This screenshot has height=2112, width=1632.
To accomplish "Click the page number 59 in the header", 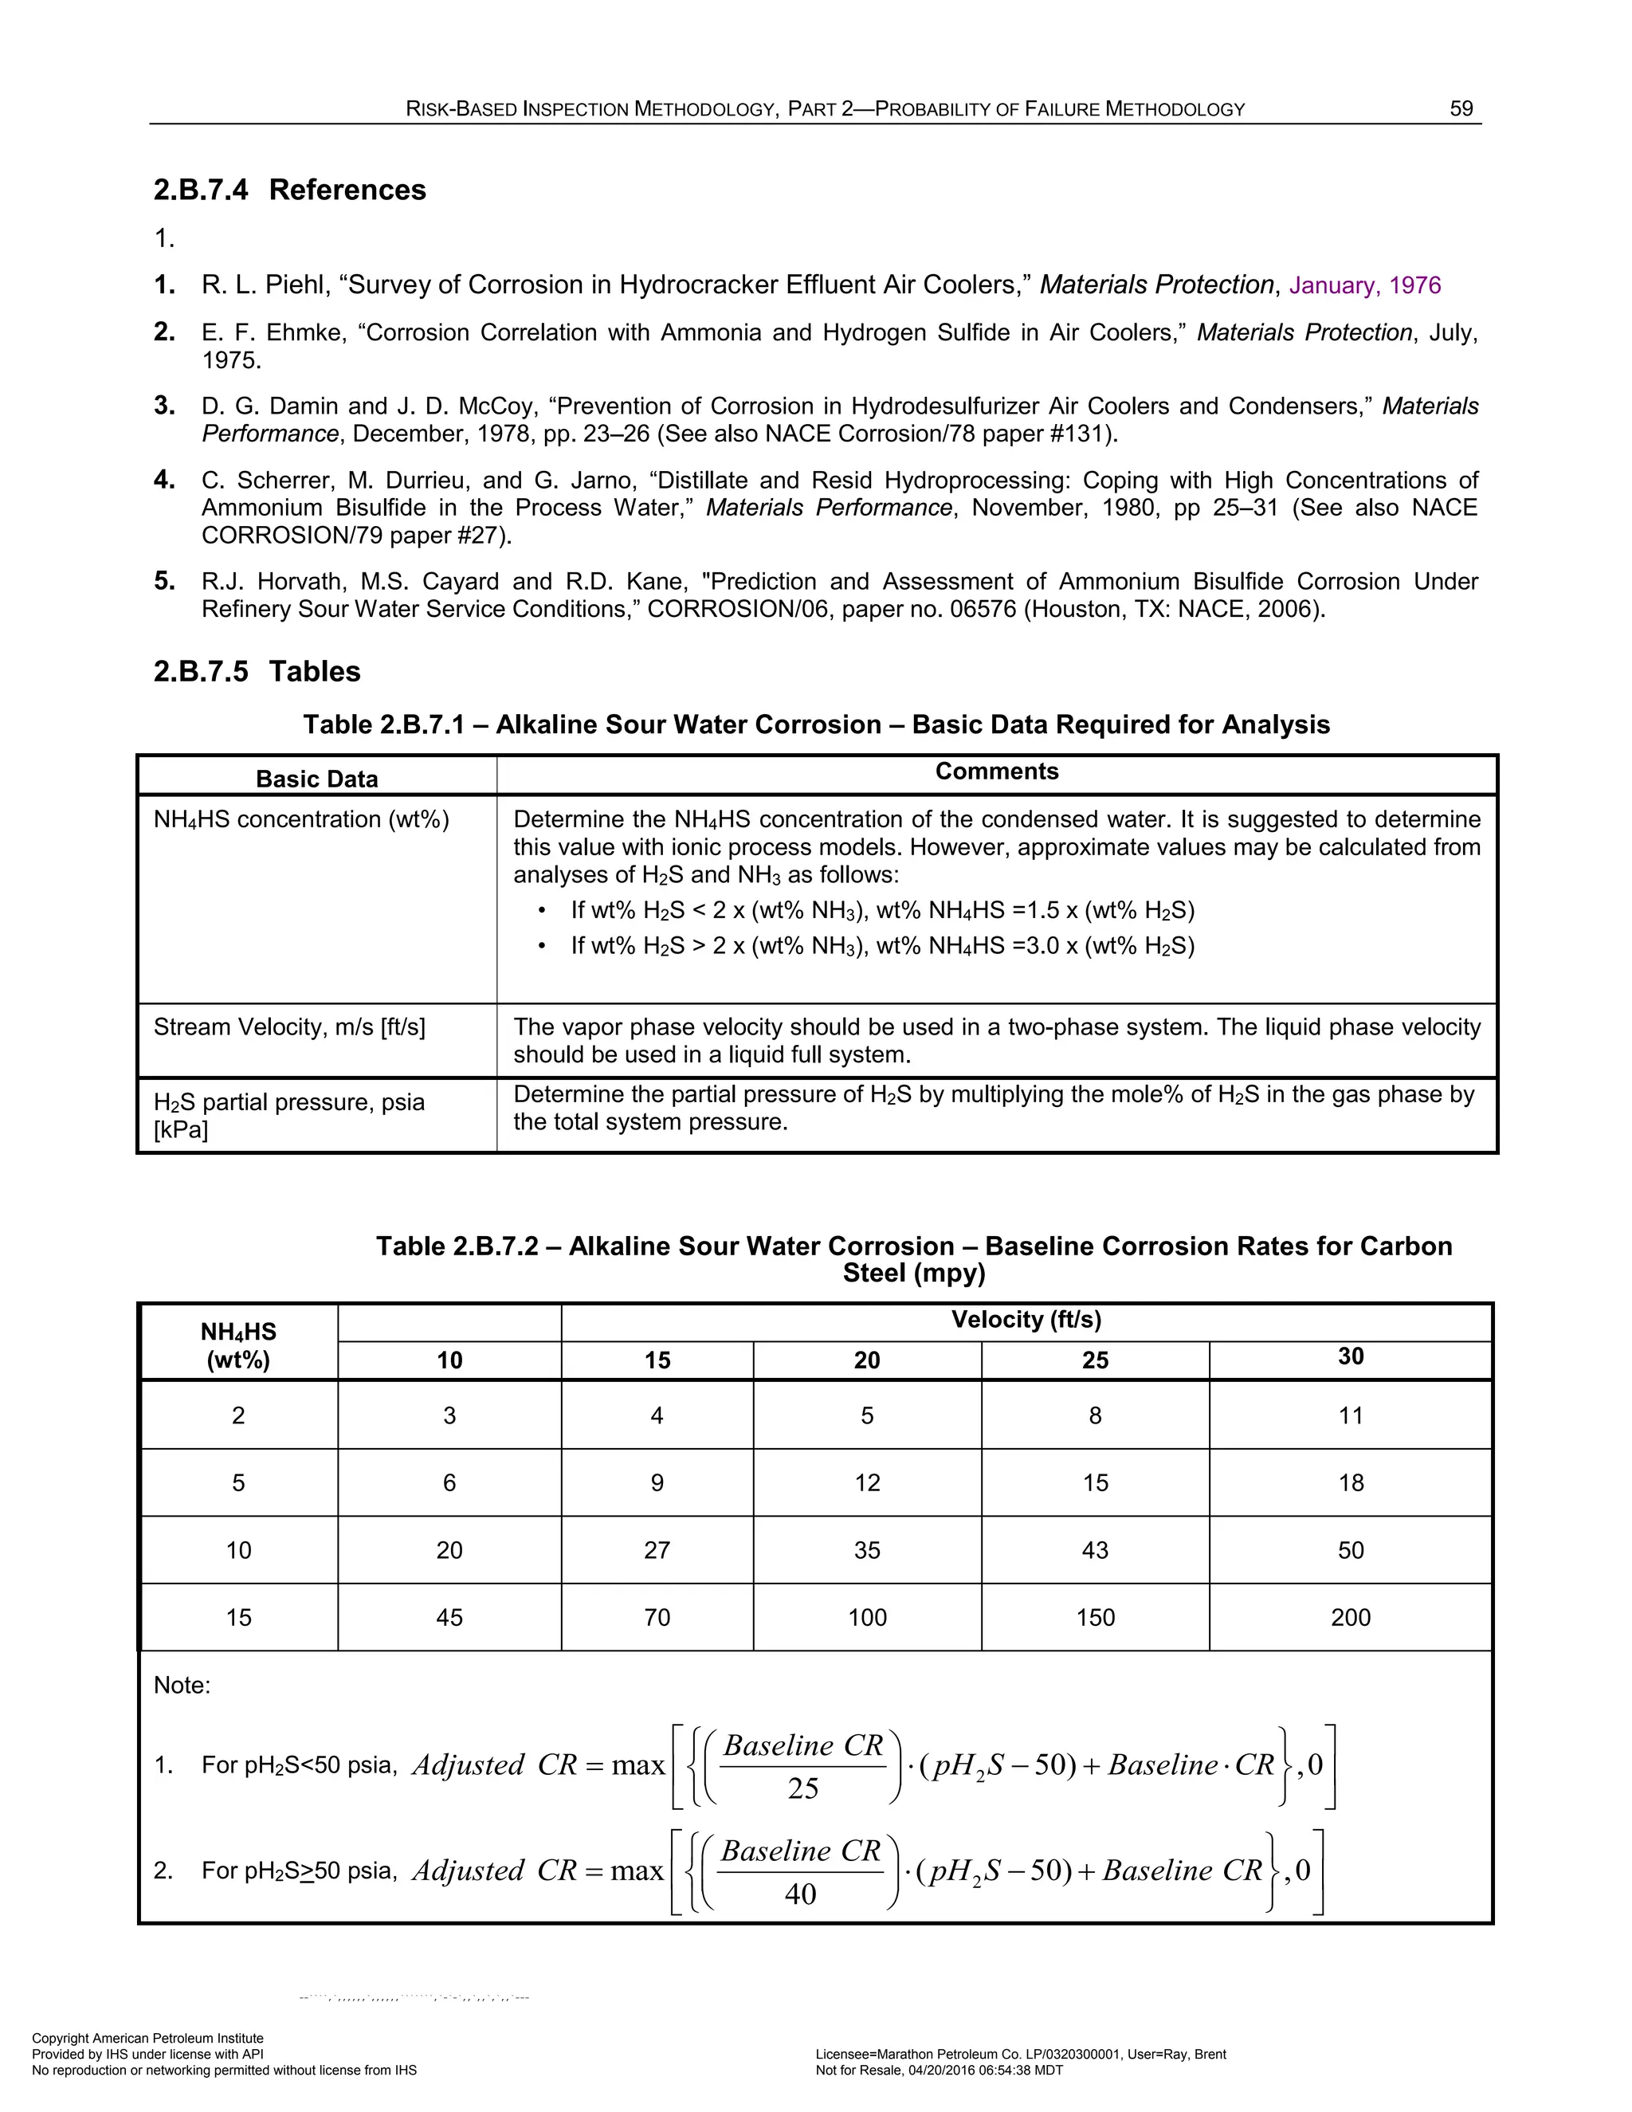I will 1461,108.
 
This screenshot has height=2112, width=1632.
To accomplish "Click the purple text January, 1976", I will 1364,285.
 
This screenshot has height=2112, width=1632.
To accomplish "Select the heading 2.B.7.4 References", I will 289,190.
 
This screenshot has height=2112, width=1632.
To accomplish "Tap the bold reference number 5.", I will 164,581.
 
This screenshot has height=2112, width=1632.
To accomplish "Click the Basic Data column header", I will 316,779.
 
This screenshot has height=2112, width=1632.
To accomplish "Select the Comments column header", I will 996,771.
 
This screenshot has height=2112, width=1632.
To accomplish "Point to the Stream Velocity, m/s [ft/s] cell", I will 289,1027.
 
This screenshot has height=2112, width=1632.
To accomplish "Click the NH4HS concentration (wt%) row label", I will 300,820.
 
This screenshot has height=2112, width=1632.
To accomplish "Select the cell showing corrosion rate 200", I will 1350,1617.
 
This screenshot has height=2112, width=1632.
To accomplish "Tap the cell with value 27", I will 657,1550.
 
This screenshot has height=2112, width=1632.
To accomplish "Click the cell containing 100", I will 866,1617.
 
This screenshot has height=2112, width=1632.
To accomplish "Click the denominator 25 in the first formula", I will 802,1789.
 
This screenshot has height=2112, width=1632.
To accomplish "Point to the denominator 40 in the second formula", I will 801,1894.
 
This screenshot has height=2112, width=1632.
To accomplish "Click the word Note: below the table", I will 182,1686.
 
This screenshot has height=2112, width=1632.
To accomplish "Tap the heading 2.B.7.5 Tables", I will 257,671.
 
